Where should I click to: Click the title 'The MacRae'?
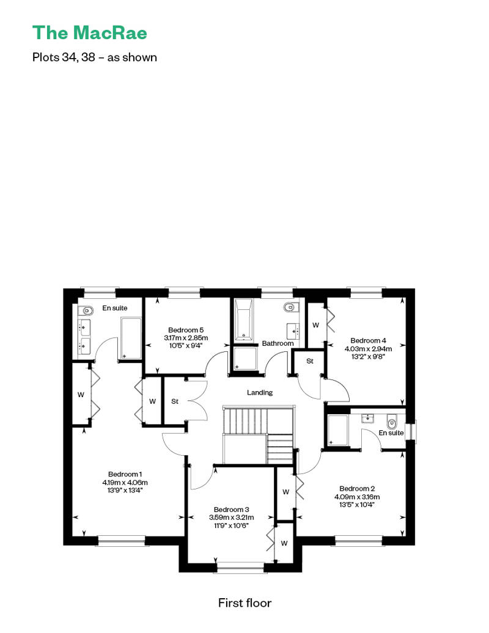pyautogui.click(x=90, y=33)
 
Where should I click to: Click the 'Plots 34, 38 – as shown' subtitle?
pyautogui.click(x=95, y=57)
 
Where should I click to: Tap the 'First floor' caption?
pyautogui.click(x=244, y=602)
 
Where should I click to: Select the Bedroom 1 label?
pyautogui.click(x=125, y=474)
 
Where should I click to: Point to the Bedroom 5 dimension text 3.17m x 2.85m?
pyautogui.click(x=186, y=338)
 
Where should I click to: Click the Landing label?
pyautogui.click(x=260, y=392)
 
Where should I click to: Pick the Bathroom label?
pyautogui.click(x=278, y=343)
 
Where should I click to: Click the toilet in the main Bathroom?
pyautogui.click(x=290, y=307)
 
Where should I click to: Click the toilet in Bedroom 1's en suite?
pyautogui.click(x=85, y=310)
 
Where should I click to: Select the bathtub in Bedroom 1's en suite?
pyautogui.click(x=131, y=338)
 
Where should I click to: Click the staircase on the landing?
pyautogui.click(x=257, y=436)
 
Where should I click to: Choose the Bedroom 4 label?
pyautogui.click(x=368, y=341)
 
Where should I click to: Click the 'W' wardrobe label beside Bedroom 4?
pyautogui.click(x=316, y=326)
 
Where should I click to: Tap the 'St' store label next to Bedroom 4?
pyautogui.click(x=310, y=361)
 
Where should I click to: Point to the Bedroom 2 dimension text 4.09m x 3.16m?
pyautogui.click(x=357, y=497)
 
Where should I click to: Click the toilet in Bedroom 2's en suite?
pyautogui.click(x=391, y=423)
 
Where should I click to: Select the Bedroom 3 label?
pyautogui.click(x=232, y=510)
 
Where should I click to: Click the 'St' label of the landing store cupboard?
pyautogui.click(x=174, y=401)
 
